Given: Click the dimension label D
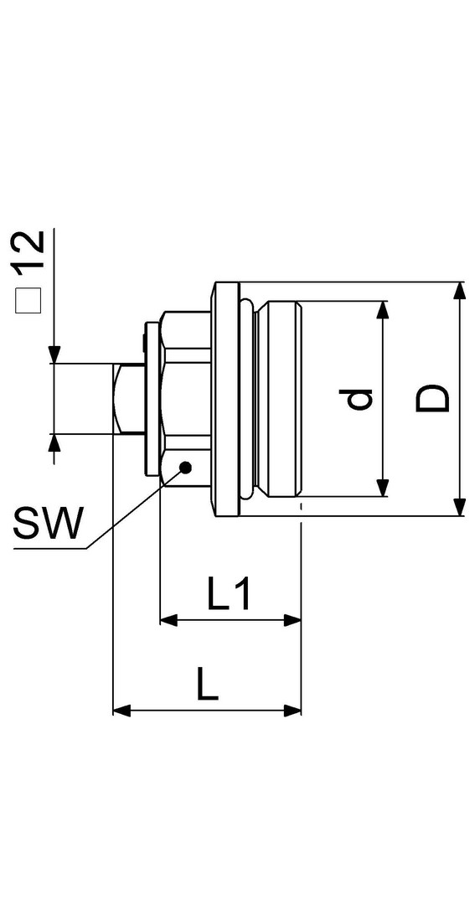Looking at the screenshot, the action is (432, 399).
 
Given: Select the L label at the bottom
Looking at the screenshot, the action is (208, 684).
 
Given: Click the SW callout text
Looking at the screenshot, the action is (49, 523).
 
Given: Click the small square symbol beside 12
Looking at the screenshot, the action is (28, 300).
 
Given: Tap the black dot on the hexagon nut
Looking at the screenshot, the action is (185, 467).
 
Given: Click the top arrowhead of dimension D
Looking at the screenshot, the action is (459, 291).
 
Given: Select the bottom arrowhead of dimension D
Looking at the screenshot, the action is (459, 506).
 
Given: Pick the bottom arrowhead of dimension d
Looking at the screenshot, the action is (382, 488).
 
